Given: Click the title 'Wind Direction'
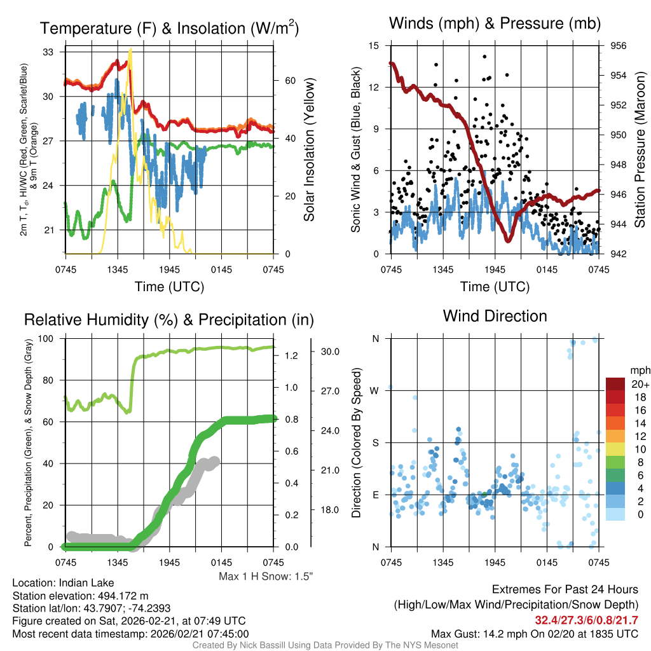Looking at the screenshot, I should [495, 316].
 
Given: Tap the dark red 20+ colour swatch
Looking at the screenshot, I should [617, 384].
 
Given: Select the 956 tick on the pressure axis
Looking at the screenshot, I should [619, 46].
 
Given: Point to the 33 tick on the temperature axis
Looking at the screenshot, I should [48, 52].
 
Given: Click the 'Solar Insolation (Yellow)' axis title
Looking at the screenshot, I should [310, 150].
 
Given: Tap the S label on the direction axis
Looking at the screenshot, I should [376, 442].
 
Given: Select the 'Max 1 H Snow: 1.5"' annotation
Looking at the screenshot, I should [266, 577].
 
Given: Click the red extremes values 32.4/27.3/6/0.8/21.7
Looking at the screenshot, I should [586, 620].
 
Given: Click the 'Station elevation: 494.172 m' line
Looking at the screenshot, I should [80, 596].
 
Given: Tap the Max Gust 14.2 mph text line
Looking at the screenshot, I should [534, 633].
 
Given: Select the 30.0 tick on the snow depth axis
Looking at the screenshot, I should [331, 351].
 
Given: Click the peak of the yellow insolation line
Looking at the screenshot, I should [130, 51].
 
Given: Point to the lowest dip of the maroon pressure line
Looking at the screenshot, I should [507, 240].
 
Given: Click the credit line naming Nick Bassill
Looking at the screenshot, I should [325, 645].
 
